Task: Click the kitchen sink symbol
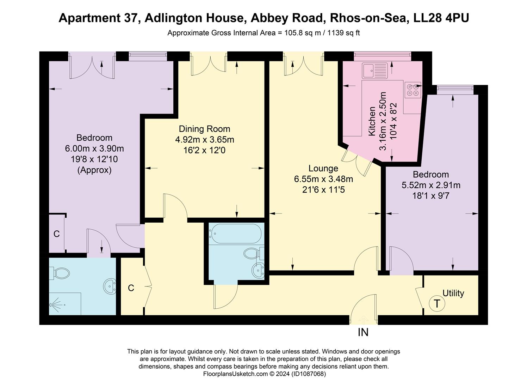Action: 375,71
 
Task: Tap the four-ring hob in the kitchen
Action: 413,90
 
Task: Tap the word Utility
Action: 453,293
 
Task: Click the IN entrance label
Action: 363,332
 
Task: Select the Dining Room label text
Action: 204,129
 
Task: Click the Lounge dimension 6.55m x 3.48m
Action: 323,179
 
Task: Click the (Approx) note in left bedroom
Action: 94,170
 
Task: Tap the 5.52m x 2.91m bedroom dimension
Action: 431,185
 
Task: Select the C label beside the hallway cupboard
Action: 131,288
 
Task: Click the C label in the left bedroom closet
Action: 56,234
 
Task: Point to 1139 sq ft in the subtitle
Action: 343,33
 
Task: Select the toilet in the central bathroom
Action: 252,253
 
